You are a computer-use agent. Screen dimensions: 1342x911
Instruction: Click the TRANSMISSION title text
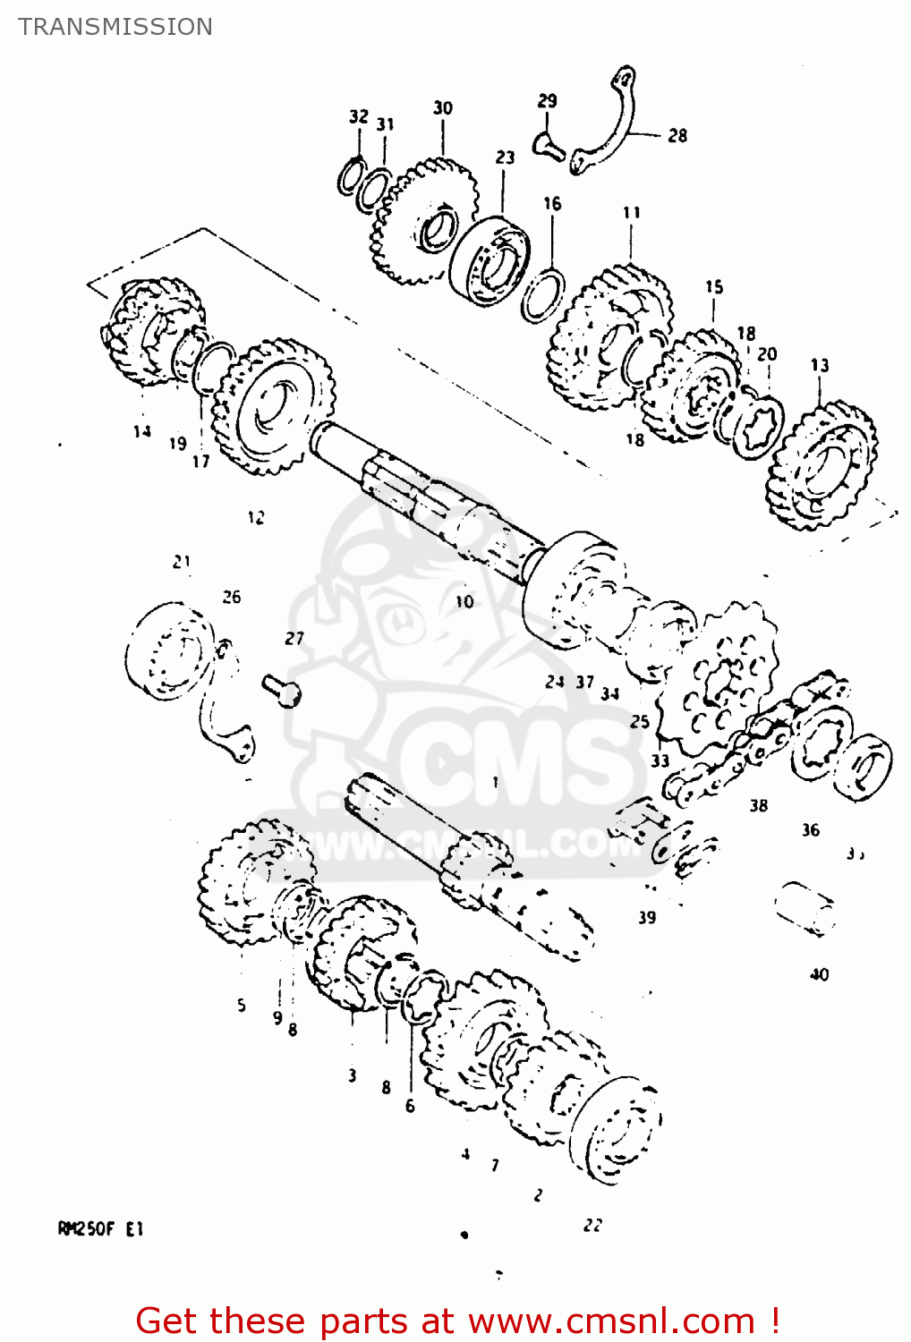[115, 27]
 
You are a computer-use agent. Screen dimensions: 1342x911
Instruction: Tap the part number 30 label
[443, 108]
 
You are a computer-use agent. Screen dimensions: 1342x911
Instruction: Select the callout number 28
[677, 136]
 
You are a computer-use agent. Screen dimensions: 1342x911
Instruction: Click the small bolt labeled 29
[547, 143]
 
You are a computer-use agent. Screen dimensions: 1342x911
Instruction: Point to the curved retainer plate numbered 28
[617, 125]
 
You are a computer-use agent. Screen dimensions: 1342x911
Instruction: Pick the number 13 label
[820, 365]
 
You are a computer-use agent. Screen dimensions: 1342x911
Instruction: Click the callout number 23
[505, 157]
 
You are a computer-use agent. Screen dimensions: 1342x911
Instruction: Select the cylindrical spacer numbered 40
[805, 907]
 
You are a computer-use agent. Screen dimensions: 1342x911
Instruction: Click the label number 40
[819, 974]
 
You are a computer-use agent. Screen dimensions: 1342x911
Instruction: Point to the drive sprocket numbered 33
[716, 680]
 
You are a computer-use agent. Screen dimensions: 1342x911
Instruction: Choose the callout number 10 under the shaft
[464, 601]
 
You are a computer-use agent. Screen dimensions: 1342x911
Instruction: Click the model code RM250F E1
[100, 1228]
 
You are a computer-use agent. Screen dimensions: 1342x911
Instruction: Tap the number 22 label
[592, 1225]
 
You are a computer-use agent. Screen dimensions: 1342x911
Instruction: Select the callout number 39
[647, 917]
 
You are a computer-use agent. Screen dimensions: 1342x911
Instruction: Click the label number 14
[141, 432]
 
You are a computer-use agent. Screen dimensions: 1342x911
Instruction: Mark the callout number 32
[358, 116]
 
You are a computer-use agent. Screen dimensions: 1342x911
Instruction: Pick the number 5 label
[241, 1005]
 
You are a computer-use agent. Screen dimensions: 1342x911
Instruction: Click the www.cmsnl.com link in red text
[612, 1321]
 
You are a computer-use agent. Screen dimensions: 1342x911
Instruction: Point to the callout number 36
[810, 830]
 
